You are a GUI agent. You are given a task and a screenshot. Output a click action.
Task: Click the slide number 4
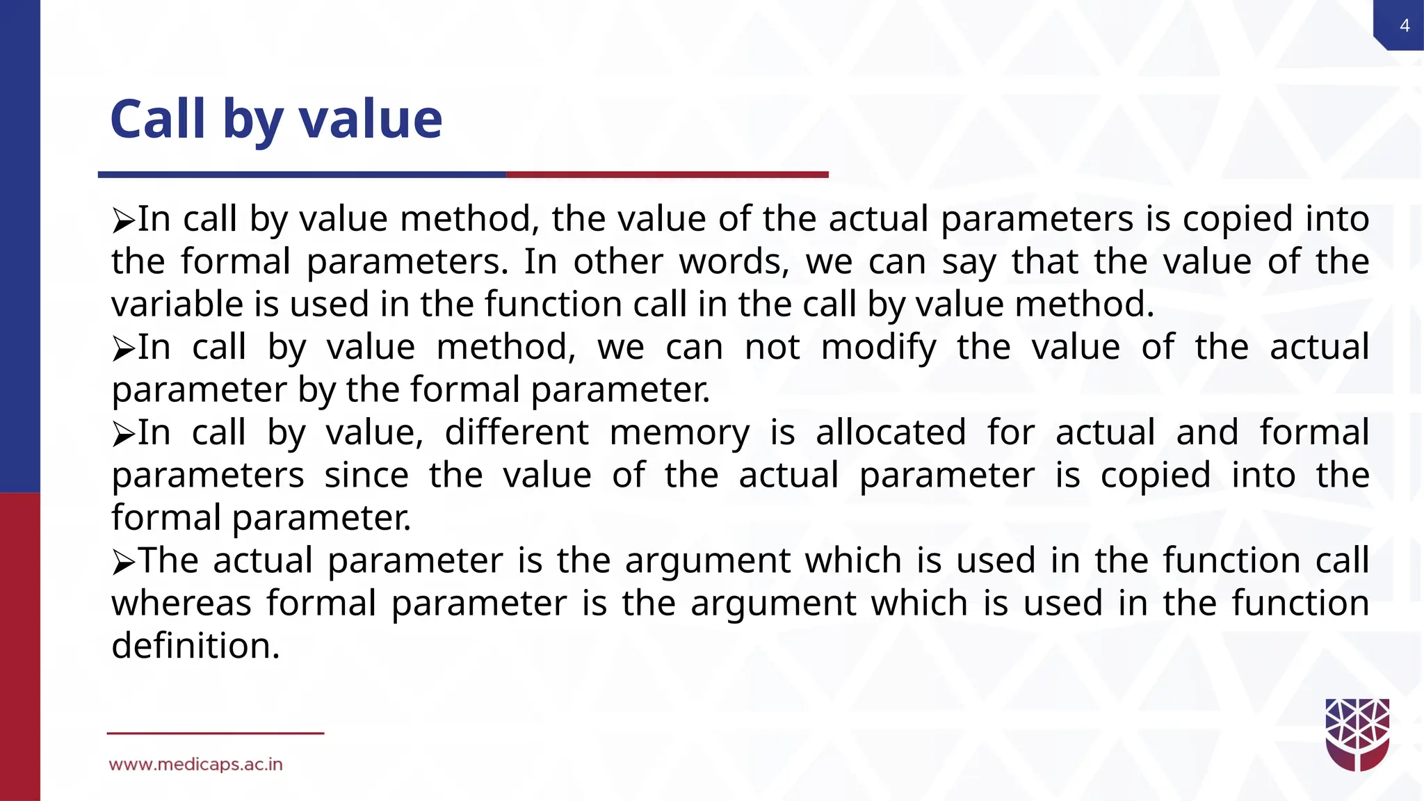tap(1404, 26)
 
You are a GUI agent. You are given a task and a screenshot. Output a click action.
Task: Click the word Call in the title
tap(158, 119)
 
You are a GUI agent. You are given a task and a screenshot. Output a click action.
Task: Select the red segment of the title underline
tap(667, 175)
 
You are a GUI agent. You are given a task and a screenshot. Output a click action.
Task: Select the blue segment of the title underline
tap(302, 175)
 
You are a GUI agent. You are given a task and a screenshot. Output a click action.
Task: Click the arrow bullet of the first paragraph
tap(123, 221)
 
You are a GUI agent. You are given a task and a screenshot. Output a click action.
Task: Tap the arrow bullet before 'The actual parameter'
tap(123, 563)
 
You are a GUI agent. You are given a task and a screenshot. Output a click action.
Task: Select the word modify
tap(878, 348)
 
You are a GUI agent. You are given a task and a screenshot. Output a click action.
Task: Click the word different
tap(517, 432)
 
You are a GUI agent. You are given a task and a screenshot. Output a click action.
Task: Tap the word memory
tap(679, 432)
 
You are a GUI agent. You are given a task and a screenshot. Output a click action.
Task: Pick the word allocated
tap(891, 432)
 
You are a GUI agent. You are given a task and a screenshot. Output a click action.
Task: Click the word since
tap(366, 476)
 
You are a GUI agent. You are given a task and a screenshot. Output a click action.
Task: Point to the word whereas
tap(181, 604)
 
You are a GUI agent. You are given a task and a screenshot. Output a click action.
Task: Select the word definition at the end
tap(195, 646)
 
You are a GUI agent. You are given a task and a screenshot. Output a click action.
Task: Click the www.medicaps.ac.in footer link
tap(195, 764)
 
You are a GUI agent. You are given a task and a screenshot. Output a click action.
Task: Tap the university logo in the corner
tap(1357, 734)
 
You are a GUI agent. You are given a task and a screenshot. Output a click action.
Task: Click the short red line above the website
tap(215, 733)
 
